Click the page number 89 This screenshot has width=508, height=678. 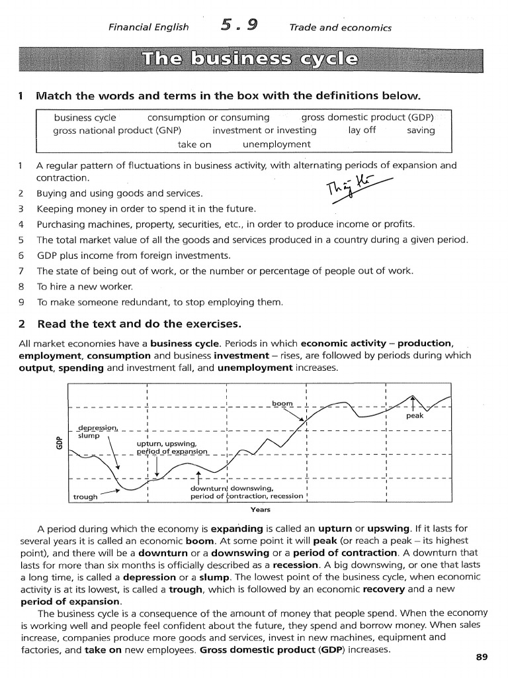pos(481,657)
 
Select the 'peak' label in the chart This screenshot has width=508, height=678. pos(415,416)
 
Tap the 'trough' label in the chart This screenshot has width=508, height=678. pos(85,496)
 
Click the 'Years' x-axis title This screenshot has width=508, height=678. pos(260,510)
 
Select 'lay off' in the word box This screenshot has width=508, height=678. pos(361,130)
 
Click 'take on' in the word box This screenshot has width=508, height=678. pos(194,144)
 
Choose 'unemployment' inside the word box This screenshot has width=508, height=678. pos(276,144)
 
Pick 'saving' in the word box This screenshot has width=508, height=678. pos(421,130)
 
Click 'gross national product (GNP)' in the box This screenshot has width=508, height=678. pos(120,130)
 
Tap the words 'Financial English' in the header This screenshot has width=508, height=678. pos(148,27)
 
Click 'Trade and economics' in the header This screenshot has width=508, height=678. pos(340,27)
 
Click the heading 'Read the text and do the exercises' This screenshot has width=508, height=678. pos(139,324)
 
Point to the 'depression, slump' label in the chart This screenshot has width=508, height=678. pos(96,431)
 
